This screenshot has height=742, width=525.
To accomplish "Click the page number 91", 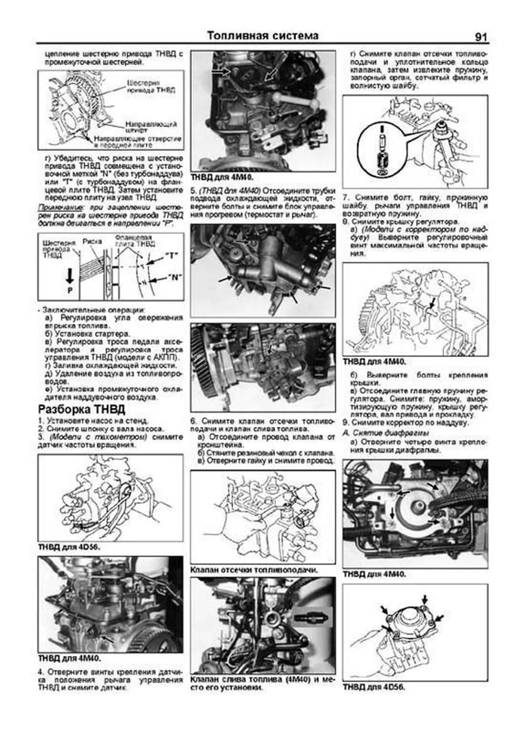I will point(480,37).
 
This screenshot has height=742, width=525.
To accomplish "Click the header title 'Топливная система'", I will point(262,36).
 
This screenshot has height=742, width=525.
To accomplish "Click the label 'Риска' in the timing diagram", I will point(92,241).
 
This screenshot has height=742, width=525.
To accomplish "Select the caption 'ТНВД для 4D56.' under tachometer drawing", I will point(66,547).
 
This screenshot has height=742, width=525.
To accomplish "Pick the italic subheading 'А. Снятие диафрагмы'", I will point(385,433).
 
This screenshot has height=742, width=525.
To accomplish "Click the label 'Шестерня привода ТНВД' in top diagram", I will point(151,86).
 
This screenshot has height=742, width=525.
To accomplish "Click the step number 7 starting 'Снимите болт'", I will point(345,198).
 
